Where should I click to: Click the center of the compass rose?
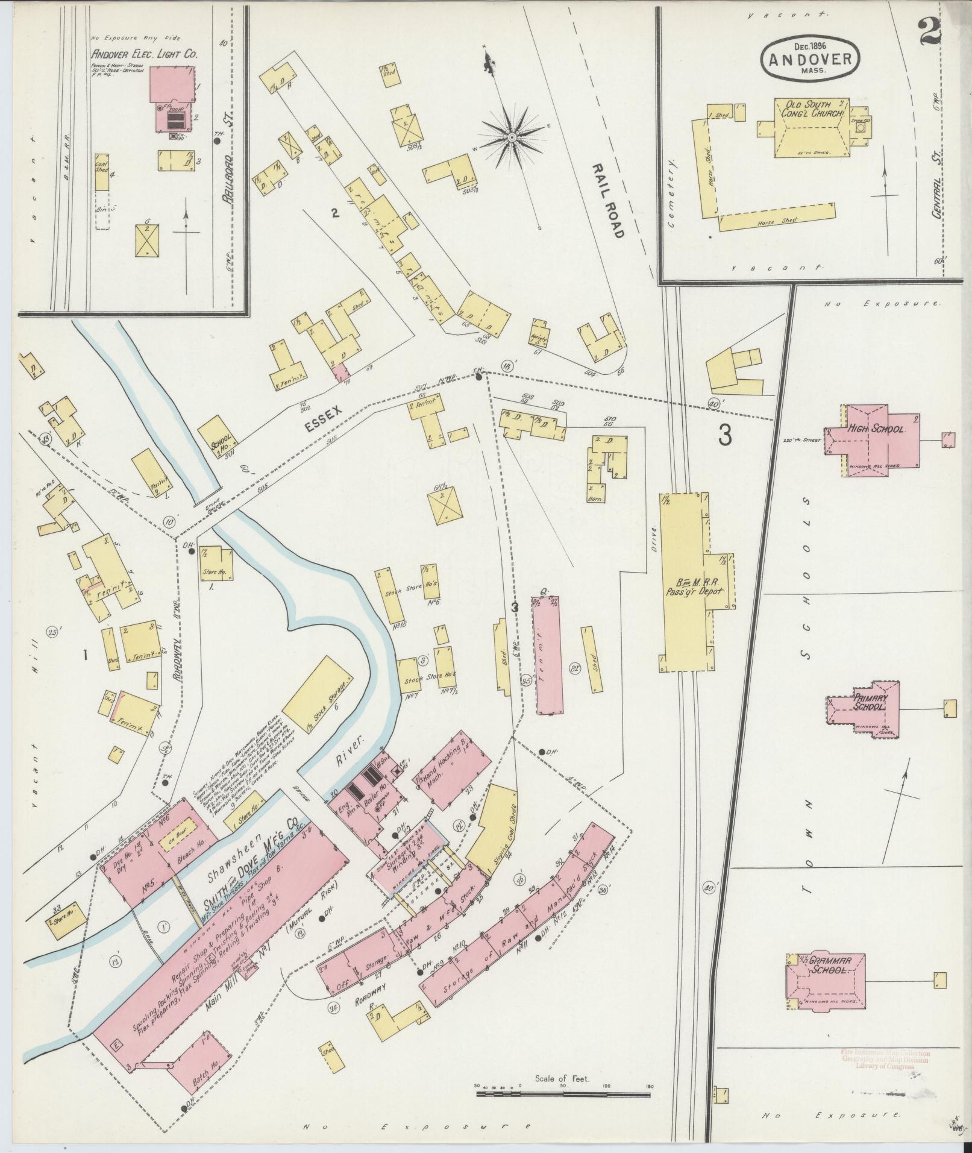click(x=511, y=138)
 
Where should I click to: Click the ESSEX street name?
click(x=323, y=418)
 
